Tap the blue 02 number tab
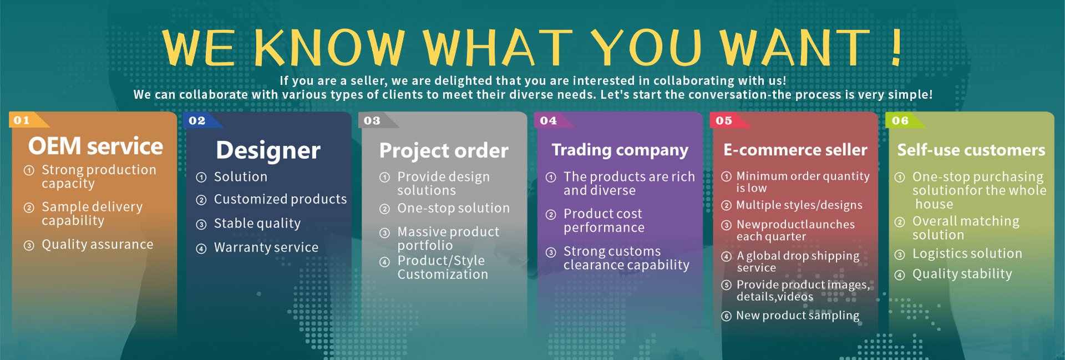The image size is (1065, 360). (201, 120)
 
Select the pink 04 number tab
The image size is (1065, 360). (552, 120)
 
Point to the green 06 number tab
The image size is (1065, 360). (905, 120)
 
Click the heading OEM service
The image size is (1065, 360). (96, 146)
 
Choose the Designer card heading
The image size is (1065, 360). (268, 150)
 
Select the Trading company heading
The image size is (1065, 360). (620, 150)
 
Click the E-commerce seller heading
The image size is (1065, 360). (795, 150)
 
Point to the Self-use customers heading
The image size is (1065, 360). (971, 150)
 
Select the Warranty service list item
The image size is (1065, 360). (266, 247)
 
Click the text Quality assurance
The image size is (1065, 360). (98, 245)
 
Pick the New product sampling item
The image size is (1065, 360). (798, 316)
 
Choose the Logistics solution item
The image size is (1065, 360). (967, 253)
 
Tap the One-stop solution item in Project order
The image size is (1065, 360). (453, 208)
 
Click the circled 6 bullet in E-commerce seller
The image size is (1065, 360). (727, 316)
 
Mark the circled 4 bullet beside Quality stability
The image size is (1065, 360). (900, 275)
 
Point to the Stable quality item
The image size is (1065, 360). (257, 224)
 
